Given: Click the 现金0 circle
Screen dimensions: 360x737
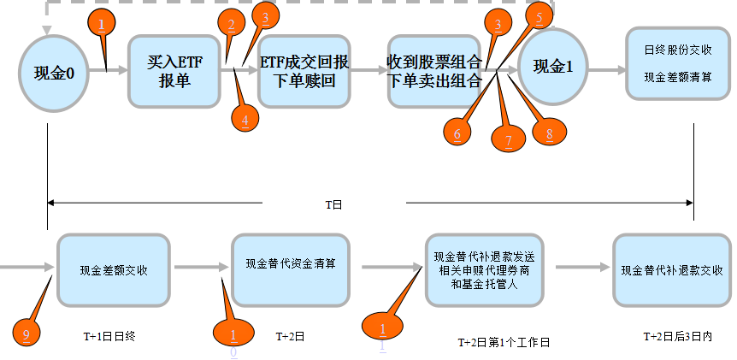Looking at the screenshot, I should click(x=49, y=72).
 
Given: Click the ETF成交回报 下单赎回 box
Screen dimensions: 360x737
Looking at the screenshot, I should click(x=304, y=71).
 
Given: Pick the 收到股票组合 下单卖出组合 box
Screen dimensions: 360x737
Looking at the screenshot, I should click(x=434, y=71).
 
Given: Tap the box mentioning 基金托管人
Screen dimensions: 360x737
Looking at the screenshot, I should click(x=484, y=269).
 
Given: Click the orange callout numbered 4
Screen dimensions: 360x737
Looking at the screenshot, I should click(x=245, y=121).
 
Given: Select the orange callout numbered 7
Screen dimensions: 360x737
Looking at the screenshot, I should click(x=508, y=139).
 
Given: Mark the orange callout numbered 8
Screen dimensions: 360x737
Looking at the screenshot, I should click(x=548, y=133).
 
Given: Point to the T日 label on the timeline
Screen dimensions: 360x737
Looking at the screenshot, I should click(x=333, y=204).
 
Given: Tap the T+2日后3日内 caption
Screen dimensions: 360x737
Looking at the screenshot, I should click(x=675, y=337).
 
